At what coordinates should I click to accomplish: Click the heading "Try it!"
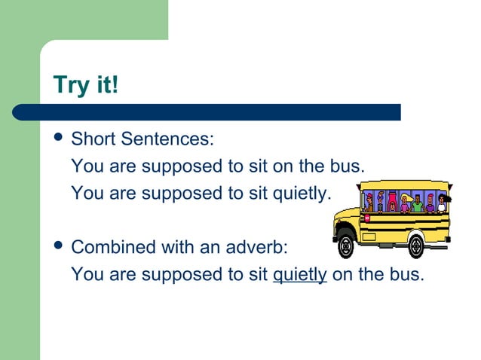(86, 85)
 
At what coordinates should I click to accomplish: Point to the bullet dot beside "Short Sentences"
(57, 139)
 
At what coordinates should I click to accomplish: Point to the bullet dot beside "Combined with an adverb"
(57, 246)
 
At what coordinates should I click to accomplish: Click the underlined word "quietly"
(299, 275)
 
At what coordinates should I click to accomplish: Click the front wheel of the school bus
(346, 246)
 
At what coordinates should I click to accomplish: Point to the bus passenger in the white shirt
(442, 203)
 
